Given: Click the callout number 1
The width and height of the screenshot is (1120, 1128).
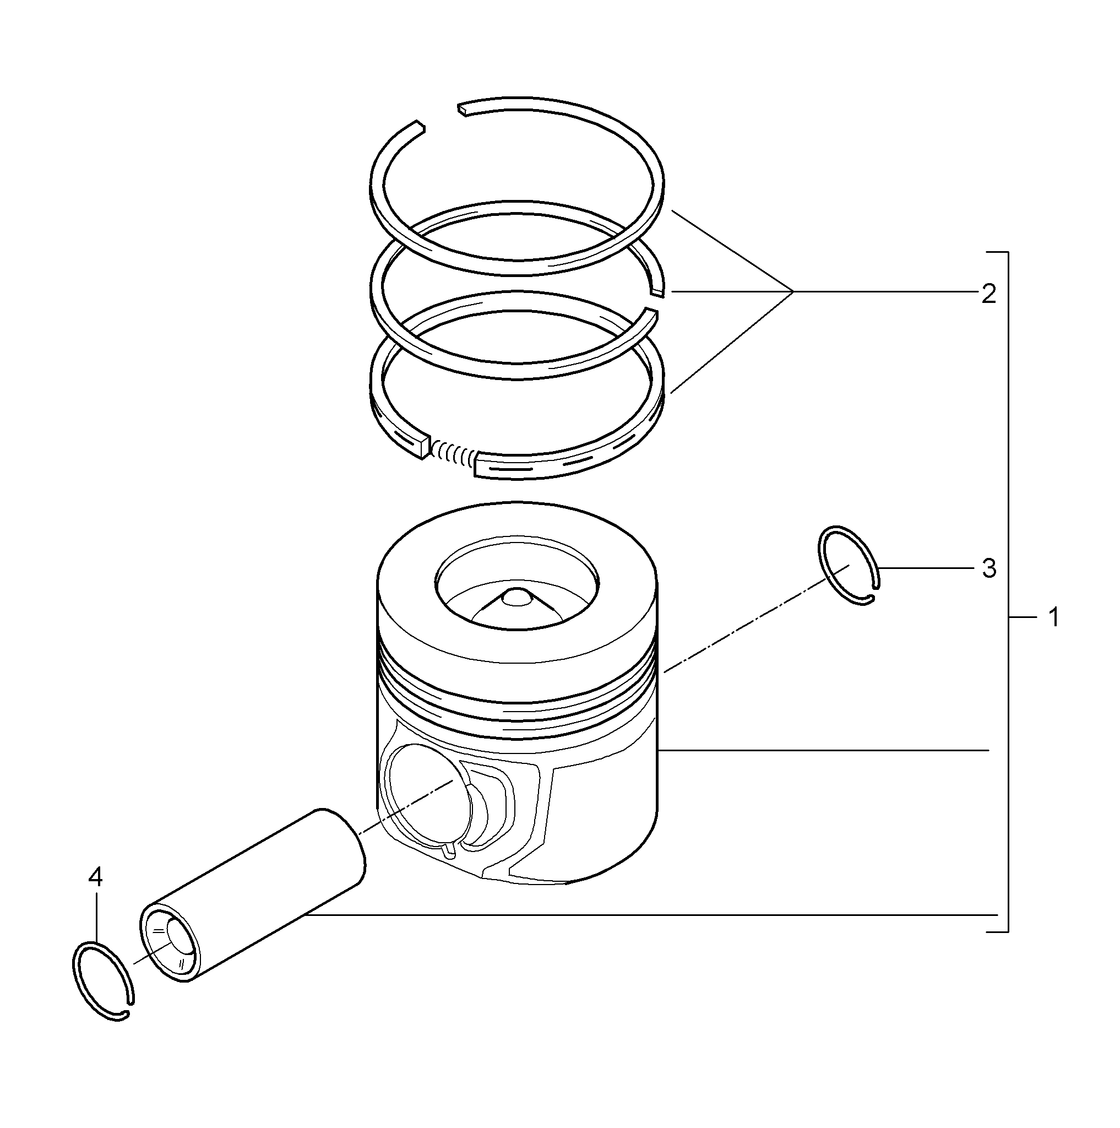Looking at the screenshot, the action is point(1053,618).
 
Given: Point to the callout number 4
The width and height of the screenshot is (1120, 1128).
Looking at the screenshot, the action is point(95,876).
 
